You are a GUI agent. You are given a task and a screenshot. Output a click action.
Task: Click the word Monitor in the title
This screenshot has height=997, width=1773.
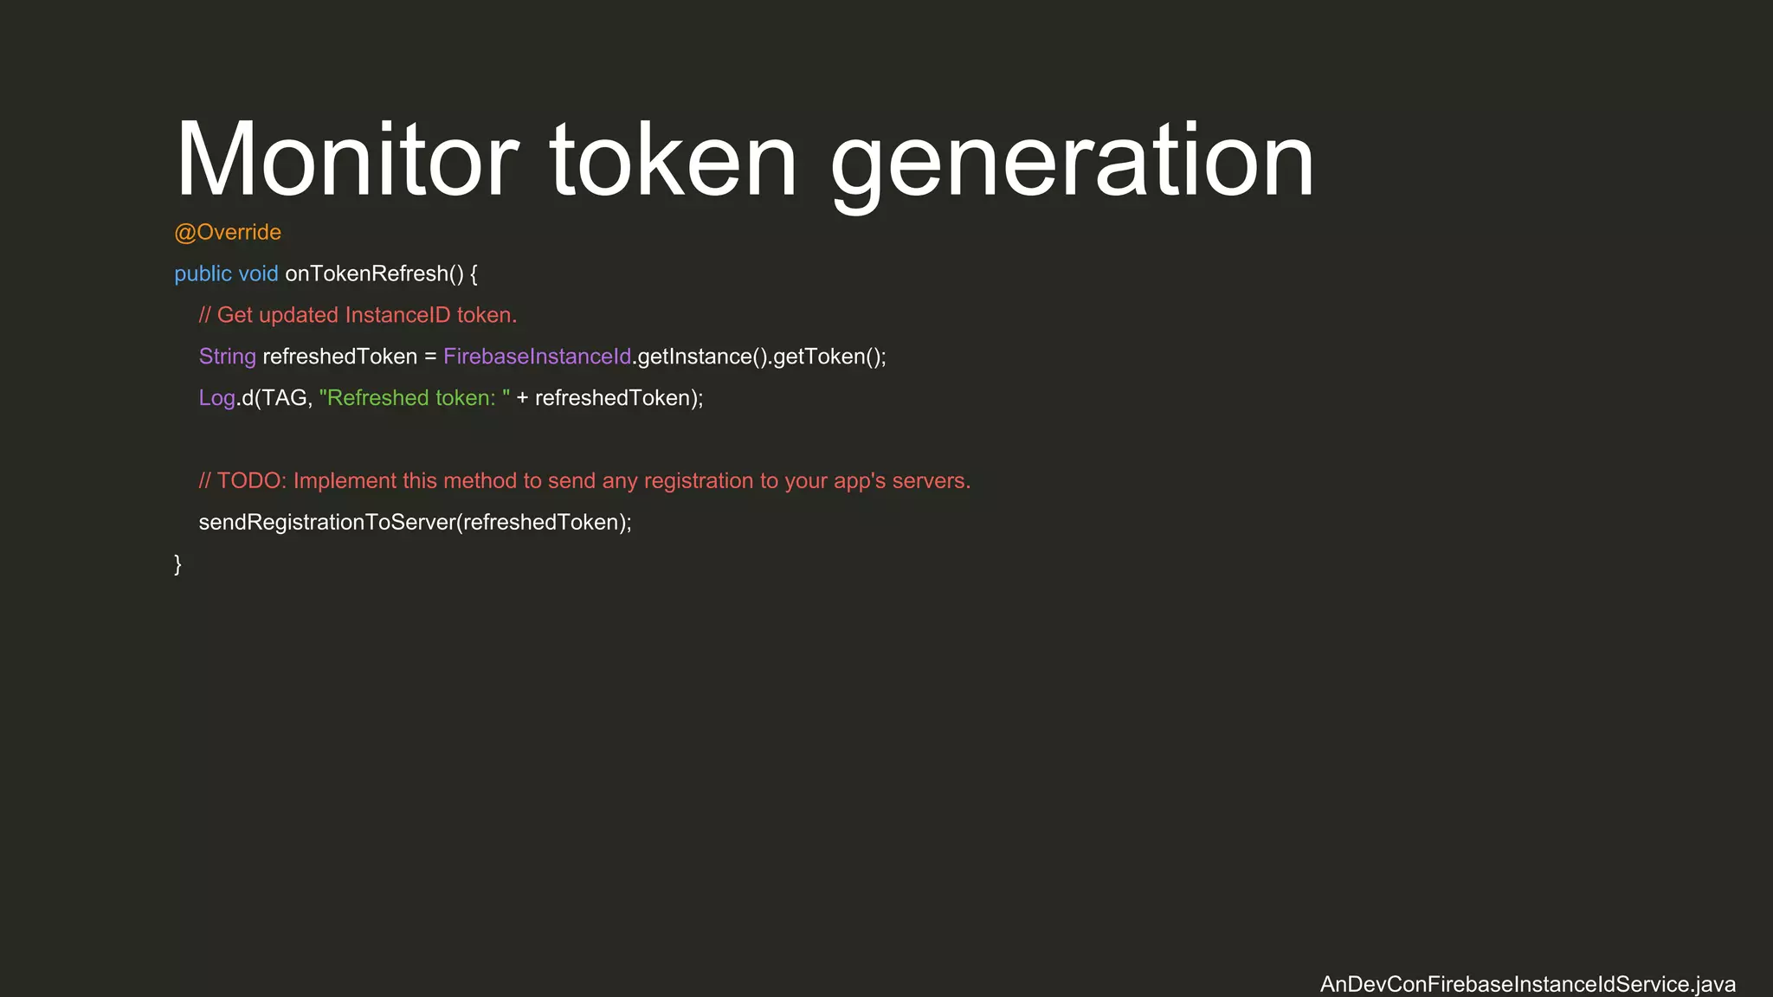point(346,161)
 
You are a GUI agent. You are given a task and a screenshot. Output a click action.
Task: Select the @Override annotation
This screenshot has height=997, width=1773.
point(228,232)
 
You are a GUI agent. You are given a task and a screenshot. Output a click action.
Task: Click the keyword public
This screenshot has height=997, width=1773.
point(203,273)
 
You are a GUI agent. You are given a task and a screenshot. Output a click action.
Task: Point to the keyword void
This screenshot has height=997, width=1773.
point(258,273)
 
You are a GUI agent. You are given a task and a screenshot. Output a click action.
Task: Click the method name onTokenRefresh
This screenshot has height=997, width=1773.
point(367,273)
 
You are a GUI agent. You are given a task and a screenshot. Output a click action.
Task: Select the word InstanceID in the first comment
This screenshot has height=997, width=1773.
point(397,315)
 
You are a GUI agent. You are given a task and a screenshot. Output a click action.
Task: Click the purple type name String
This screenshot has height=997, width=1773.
point(228,357)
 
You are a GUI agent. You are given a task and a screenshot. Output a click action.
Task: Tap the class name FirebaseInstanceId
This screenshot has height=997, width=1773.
point(537,357)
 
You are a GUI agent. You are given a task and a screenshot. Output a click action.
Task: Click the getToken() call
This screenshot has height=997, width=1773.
point(828,357)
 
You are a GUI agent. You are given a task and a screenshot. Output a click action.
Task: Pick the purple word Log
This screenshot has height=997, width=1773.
point(216,398)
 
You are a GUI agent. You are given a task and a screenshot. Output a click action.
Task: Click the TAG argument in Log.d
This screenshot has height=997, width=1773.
point(285,398)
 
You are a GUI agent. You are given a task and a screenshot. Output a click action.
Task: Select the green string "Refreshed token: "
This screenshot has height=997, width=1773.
point(415,398)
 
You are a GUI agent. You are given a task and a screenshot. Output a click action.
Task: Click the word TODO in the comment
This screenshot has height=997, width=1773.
point(248,481)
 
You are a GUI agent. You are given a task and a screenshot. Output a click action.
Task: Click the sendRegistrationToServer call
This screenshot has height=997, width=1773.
point(326,523)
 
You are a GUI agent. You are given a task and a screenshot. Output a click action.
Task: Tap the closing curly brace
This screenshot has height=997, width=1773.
point(178,564)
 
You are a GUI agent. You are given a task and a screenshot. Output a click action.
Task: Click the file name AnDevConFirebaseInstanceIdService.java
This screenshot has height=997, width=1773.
point(1527,984)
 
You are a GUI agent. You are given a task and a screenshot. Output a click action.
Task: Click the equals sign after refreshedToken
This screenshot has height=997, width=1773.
point(430,357)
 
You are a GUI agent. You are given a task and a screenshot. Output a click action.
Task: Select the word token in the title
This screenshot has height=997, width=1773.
point(673,161)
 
